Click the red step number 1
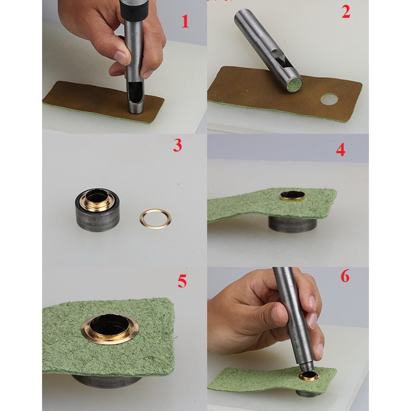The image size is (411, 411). point(186,22)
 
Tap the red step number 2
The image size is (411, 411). point(346,12)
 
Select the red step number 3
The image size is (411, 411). point(177,145)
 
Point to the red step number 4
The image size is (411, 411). point(340,150)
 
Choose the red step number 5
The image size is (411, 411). point(182,281)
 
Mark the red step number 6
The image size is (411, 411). point(345,276)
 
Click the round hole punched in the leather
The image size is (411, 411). point(330,99)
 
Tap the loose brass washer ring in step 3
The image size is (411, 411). point(156,218)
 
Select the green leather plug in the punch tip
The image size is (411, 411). point(294,85)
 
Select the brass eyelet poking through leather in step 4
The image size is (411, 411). point(292,196)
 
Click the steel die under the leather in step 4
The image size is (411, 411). point(292,224)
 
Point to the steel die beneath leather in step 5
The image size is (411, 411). point(107,381)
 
